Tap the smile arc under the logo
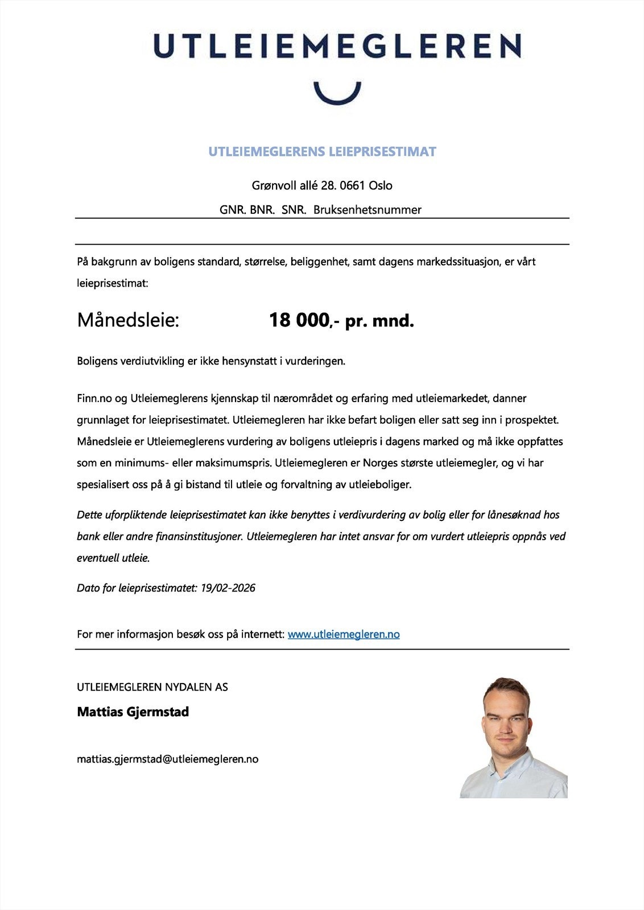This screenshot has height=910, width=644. pos(337,94)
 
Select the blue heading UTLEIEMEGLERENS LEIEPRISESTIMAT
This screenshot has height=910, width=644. pos(322,152)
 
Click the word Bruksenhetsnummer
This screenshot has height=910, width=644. pos(367,210)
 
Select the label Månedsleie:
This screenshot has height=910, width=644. pos(128,320)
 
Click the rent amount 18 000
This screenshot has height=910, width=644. pos(299,320)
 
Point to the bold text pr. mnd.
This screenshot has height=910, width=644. pos(379,321)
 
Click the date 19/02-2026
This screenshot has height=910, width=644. pos(228,588)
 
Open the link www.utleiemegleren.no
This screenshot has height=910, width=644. pos(344,634)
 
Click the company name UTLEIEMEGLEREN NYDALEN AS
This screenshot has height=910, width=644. pos(152,687)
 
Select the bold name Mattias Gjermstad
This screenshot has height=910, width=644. pos(133,712)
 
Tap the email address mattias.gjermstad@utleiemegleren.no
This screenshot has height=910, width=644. pos(168,759)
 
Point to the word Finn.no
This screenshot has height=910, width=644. pos(94,399)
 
